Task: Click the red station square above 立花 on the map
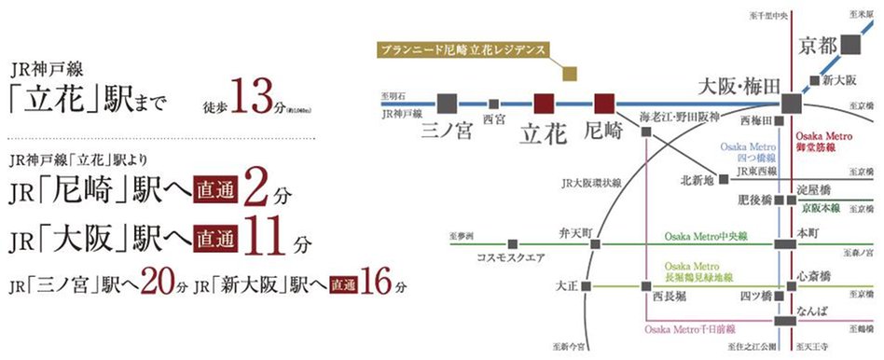coord(544,103)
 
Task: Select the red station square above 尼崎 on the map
coord(603,103)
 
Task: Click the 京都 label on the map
coord(819,46)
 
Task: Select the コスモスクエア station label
coord(510,256)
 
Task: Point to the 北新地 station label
coord(697,180)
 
